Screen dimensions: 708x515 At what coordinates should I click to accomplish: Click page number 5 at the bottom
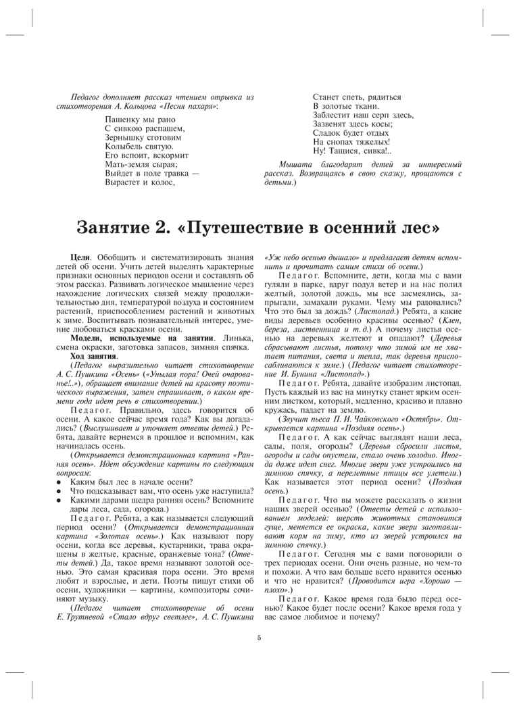tap(258, 636)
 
